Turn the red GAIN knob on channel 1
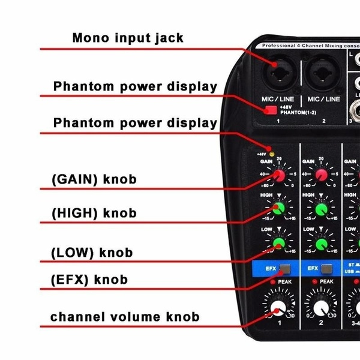[278, 175]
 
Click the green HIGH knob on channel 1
[278, 208]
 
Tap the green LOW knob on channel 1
[278, 242]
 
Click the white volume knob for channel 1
[277, 309]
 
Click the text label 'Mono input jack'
[128, 38]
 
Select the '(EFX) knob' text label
[90, 279]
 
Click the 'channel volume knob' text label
[125, 316]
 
